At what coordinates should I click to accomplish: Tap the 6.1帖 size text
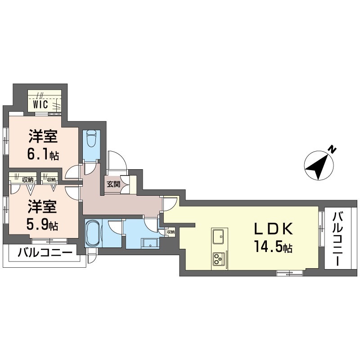coord(43,155)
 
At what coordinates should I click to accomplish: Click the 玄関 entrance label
coord(113,184)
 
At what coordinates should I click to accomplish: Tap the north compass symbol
coord(319,165)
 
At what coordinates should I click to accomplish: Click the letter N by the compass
coord(332,149)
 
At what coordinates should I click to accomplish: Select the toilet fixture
coord(91,138)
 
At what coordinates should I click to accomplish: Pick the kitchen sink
coord(219,235)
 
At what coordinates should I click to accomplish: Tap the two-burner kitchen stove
coord(219,259)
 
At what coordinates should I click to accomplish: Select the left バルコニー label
coord(45,253)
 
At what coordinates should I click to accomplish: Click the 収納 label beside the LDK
coord(171,232)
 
